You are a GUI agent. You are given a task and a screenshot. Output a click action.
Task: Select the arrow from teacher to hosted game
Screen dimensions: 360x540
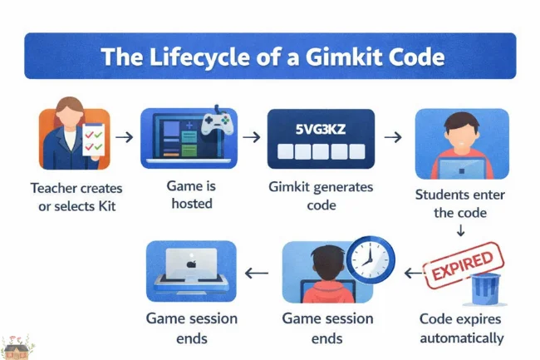124,136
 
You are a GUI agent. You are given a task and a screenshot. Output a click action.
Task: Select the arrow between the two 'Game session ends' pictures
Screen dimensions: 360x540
258,272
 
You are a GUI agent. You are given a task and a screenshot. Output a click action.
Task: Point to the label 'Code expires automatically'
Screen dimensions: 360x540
461,328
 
